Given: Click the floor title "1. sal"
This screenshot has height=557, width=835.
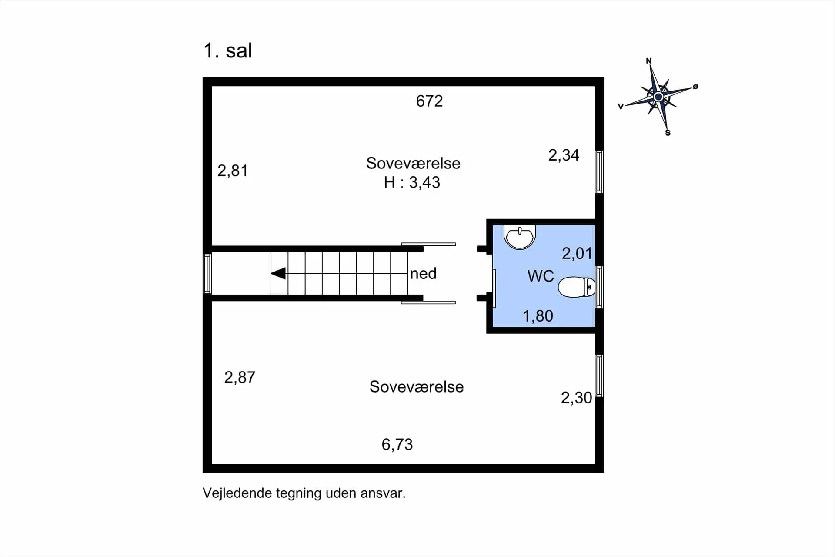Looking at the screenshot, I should point(227,50).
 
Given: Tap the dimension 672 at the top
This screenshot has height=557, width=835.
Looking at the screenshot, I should point(429,101).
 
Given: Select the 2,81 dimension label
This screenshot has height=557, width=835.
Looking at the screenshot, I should point(233,171).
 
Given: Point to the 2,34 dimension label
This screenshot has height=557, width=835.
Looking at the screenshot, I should point(564,155).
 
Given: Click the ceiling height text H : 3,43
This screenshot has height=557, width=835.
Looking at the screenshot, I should point(412,182).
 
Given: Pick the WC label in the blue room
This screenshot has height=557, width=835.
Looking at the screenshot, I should point(541,276).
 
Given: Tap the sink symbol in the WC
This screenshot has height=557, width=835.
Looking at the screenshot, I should point(520,237).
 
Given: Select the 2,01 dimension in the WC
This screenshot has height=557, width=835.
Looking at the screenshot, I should point(577,254).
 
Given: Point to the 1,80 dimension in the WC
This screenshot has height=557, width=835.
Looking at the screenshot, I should point(538,316).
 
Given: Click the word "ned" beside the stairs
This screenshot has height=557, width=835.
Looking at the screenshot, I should point(423,274).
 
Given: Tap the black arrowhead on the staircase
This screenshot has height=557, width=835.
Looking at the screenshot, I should point(279,273).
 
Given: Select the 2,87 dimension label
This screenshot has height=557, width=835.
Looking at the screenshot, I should point(240,377).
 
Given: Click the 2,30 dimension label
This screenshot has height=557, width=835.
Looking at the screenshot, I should point(576,398).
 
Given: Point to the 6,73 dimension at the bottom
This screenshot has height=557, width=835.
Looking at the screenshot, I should point(397,444).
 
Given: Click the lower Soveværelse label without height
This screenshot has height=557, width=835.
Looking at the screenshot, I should point(417,387).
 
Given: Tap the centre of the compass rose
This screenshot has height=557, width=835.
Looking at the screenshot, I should point(658,96).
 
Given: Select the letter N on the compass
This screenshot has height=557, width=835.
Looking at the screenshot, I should point(649,61).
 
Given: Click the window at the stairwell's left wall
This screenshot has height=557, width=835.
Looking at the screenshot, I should point(207,274).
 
